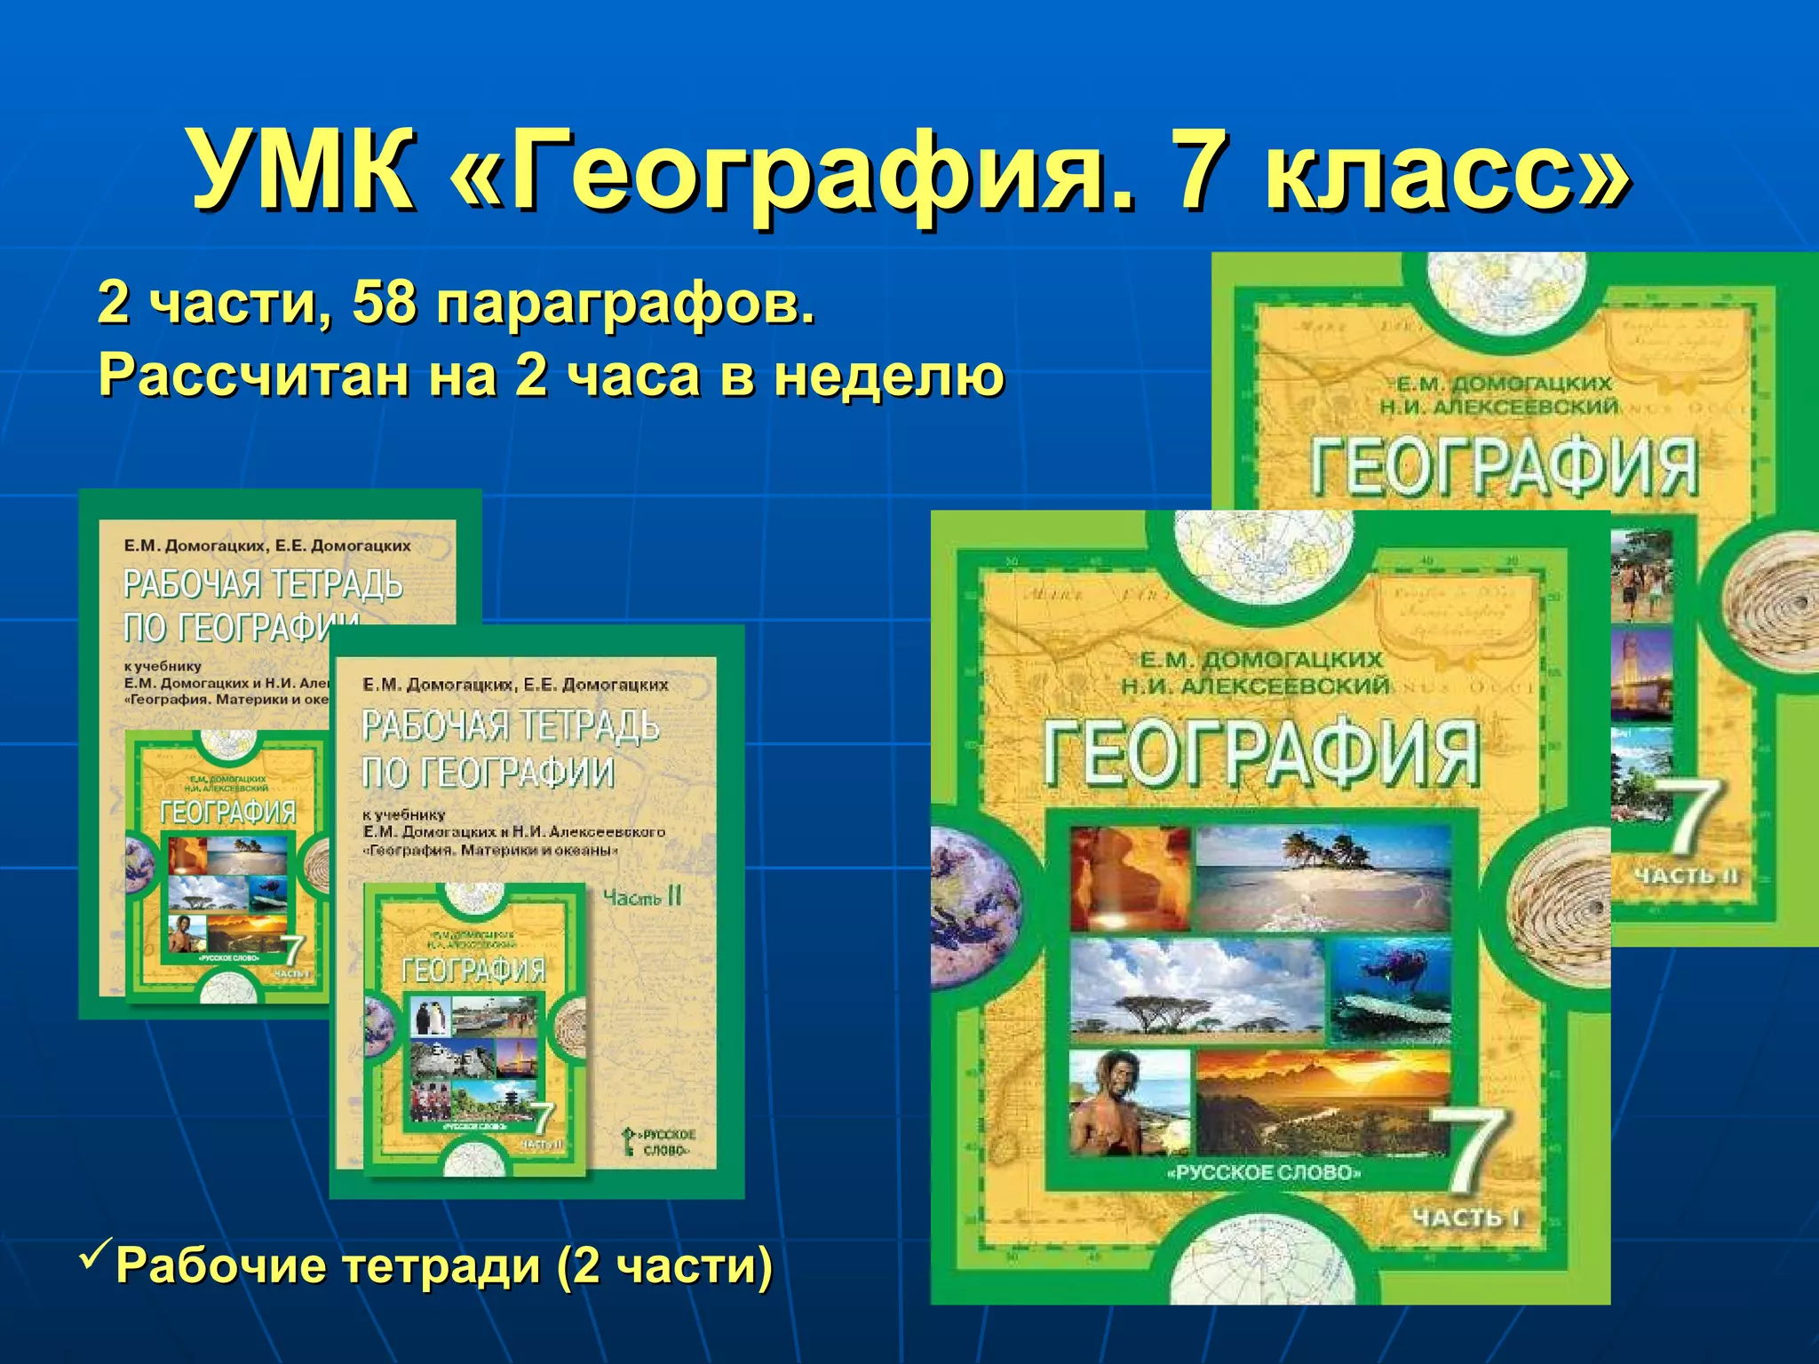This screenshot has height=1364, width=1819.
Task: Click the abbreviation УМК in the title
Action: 302,171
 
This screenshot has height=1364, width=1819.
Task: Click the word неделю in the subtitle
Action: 888,377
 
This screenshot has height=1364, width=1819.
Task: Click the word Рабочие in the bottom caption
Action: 221,1265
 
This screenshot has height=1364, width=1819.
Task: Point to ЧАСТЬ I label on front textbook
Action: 1466,1217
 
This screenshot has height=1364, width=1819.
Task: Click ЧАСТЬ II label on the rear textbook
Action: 1685,876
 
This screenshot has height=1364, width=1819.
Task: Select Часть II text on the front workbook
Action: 641,897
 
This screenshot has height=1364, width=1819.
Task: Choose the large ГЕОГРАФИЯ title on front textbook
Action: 1261,754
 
